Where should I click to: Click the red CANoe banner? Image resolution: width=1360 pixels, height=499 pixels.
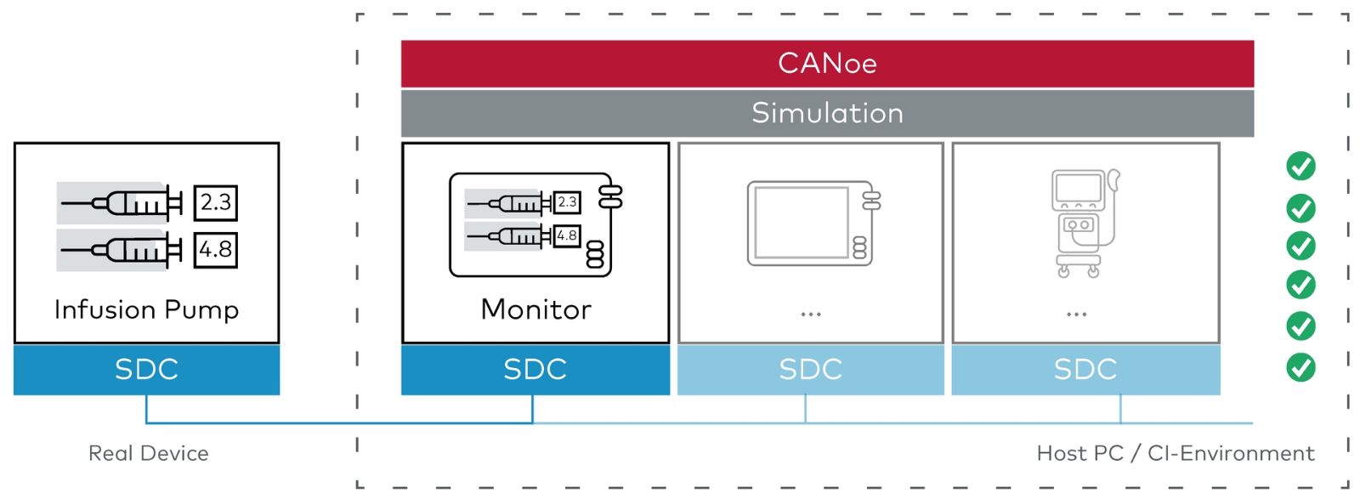(828, 64)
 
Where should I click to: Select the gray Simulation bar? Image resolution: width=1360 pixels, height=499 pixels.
(828, 114)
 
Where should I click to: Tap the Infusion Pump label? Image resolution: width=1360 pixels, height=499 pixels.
(146, 309)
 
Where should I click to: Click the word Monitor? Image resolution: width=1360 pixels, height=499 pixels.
(535, 309)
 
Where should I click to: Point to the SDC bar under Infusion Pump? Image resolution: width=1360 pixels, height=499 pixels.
(146, 370)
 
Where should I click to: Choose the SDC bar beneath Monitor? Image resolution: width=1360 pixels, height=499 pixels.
(535, 370)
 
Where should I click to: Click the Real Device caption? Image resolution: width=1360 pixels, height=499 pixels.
(148, 453)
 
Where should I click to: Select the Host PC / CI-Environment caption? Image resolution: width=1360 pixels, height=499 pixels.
(1176, 453)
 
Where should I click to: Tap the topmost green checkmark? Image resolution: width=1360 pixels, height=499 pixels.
(1300, 167)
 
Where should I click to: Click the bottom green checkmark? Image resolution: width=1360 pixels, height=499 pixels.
(1300, 367)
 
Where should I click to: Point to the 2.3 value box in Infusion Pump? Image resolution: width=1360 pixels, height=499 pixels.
(216, 203)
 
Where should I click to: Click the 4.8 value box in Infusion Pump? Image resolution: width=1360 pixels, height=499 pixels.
(216, 250)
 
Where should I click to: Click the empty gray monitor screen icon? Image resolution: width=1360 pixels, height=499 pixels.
(813, 224)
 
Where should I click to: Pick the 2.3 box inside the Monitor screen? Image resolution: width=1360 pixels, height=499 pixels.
(567, 203)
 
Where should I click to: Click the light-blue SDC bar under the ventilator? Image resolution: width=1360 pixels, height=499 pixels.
(1085, 370)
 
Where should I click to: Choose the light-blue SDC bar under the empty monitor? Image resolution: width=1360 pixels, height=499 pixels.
(811, 370)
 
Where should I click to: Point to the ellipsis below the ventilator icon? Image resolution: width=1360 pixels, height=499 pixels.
(1076, 315)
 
